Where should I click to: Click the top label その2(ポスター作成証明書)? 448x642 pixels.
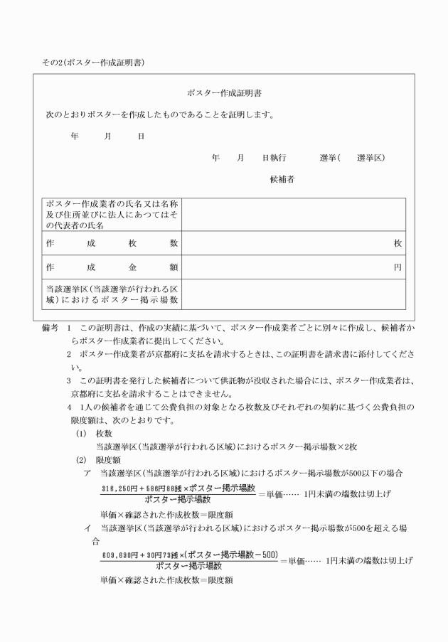click(x=93, y=63)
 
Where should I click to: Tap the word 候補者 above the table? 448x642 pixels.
click(x=282, y=179)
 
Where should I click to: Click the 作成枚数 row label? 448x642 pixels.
click(x=112, y=243)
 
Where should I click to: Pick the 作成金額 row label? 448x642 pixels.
click(x=112, y=267)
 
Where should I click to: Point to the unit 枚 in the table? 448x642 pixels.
click(x=398, y=243)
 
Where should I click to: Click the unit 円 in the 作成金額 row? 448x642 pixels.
click(x=398, y=267)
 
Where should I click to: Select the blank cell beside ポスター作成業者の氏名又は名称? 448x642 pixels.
click(x=294, y=215)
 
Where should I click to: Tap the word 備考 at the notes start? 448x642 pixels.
click(x=51, y=330)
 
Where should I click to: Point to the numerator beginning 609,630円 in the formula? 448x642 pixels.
click(x=188, y=555)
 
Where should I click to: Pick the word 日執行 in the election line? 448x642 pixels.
click(x=274, y=157)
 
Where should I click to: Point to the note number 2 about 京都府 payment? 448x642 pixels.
click(x=69, y=354)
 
